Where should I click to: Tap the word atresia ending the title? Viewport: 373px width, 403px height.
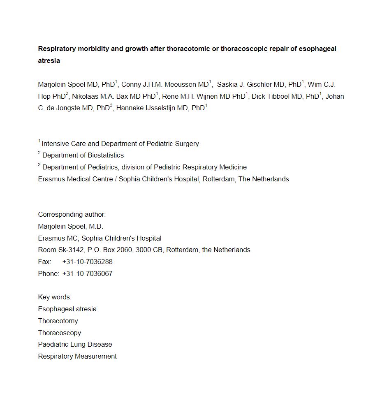click(49, 61)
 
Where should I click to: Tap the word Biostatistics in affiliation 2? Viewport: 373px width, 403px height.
click(104, 155)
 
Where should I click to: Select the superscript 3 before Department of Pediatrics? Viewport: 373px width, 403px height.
click(39, 165)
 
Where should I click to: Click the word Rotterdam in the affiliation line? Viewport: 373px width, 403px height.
click(219, 179)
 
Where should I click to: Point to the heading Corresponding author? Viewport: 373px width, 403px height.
click(72, 215)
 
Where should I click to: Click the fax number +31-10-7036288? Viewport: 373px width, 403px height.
click(87, 262)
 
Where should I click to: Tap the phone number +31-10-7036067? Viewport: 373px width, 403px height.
click(87, 274)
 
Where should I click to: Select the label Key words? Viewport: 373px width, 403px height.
click(55, 297)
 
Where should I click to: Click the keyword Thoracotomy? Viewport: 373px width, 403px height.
click(58, 321)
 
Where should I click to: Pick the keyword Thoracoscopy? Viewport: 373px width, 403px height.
click(60, 333)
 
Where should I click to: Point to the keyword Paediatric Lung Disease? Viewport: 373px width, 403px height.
click(75, 345)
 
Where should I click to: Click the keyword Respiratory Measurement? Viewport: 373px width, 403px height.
click(77, 357)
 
